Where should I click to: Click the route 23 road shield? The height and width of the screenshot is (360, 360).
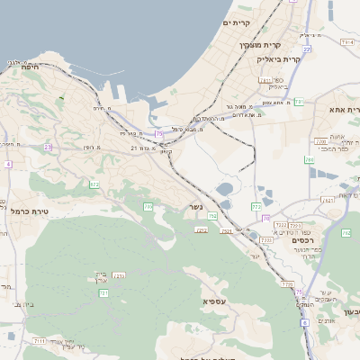pyautogui.click(x=48, y=146)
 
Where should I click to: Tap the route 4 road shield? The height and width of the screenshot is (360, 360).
pyautogui.click(x=8, y=165)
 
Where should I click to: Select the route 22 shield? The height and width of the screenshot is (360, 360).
pyautogui.click(x=307, y=49)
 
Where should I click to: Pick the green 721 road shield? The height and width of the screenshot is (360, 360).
pyautogui.click(x=103, y=293)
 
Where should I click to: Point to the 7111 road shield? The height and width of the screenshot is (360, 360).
pyautogui.click(x=40, y=341)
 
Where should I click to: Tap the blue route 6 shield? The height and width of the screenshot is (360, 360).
pyautogui.click(x=304, y=321)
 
